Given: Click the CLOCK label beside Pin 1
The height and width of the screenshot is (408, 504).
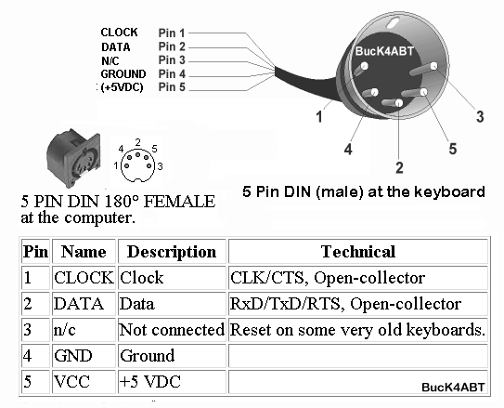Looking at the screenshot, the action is [119, 33].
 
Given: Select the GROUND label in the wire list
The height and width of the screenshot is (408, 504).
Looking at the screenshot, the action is [123, 74].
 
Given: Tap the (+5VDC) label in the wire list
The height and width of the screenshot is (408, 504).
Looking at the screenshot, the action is [122, 87].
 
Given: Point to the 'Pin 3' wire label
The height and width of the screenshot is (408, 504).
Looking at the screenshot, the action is [172, 60].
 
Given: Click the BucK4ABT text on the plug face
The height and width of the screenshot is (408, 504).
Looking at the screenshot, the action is [384, 51].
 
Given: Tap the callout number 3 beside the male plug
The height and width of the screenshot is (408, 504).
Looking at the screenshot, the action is [480, 116].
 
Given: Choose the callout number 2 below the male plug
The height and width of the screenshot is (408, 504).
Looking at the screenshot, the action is [399, 167].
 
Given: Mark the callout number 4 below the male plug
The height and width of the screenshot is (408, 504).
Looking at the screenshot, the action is [348, 149].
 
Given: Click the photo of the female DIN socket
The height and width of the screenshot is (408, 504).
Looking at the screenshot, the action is [73, 158].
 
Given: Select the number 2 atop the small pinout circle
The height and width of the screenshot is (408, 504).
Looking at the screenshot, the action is [138, 142].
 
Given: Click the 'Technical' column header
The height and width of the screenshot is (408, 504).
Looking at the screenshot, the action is [358, 252].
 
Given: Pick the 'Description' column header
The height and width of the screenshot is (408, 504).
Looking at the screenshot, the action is [172, 252].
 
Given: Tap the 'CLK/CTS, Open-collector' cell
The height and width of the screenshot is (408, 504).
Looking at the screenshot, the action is [328, 278].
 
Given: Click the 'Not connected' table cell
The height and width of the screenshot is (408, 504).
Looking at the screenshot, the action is [172, 330].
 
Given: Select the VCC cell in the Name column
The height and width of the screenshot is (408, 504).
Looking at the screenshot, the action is [71, 382].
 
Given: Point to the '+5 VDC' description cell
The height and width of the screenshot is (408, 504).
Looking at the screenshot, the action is [149, 382].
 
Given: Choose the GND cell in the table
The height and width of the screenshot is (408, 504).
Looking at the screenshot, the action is [73, 356].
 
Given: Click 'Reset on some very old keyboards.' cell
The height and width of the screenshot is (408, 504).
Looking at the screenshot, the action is [357, 330].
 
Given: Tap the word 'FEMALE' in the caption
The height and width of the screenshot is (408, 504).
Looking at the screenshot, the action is [179, 202].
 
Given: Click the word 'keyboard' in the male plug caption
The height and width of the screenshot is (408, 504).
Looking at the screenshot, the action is [449, 191].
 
